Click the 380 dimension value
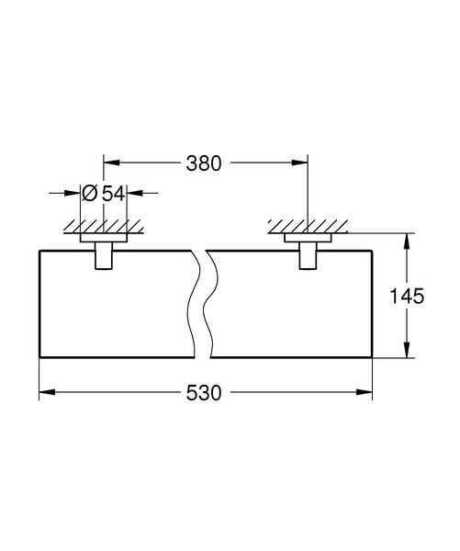(204, 163)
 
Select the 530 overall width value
(204, 392)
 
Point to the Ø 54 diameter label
(104, 193)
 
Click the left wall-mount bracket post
(104, 256)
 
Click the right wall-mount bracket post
(308, 256)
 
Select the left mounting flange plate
(104, 238)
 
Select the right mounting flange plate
(308, 238)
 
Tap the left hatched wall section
(104, 227)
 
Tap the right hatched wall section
(308, 227)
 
